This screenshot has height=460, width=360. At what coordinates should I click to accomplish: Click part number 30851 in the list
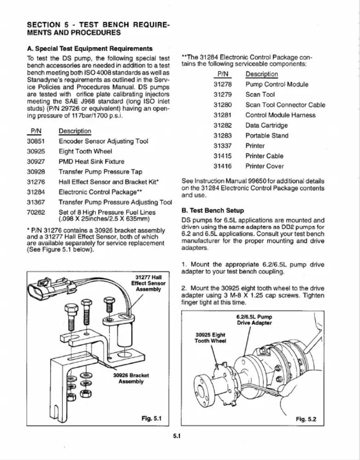coord(36,141)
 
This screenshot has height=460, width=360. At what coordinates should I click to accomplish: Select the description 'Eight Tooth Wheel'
coord(85,151)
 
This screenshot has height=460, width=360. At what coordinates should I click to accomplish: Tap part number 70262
coord(36,213)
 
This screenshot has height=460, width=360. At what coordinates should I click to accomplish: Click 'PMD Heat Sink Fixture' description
coord(91,161)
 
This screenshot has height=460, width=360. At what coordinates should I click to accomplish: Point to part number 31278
coord(222,85)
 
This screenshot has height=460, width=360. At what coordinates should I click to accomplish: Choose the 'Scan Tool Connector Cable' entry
coord(285,105)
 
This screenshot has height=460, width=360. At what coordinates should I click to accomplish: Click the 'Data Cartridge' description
coord(267,126)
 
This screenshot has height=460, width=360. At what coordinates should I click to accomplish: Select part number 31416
coord(222,167)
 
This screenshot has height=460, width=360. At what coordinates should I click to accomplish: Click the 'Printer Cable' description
coord(265,156)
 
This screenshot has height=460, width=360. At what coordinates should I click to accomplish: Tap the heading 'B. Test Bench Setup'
coord(213,211)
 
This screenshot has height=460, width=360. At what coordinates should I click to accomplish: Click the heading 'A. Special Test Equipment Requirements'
coord(90,49)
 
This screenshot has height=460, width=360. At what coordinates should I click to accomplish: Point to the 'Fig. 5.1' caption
coord(151,418)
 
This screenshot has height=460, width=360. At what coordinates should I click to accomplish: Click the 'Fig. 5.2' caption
coord(306,419)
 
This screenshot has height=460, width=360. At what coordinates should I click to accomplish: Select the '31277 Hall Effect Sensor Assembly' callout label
coord(148,283)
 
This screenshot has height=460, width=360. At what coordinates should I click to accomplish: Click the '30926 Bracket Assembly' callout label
coord(131,379)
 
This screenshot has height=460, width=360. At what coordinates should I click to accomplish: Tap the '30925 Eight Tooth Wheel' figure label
coord(210,338)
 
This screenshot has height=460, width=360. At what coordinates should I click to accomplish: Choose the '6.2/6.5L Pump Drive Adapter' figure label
coord(254,320)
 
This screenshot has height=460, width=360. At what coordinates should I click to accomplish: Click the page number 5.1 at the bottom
coord(177,436)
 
